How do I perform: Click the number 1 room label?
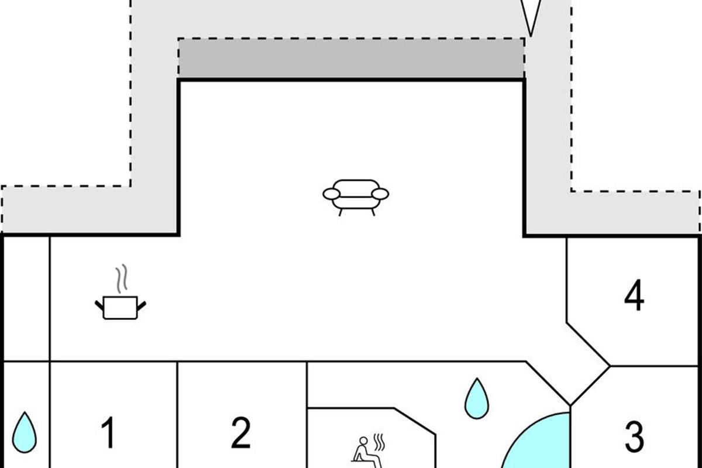click(108, 433)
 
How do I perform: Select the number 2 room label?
click(240, 433)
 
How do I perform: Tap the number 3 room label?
click(634, 436)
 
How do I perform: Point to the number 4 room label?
click(634, 296)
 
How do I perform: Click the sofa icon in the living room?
click(356, 197)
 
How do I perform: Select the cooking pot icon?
click(120, 307)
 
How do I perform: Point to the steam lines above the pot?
click(121, 280)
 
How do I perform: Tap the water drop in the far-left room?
click(25, 432)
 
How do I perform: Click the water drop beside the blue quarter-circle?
click(477, 398)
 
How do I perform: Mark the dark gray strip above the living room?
click(351, 58)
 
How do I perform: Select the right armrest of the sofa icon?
click(380, 194)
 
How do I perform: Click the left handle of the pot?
click(99, 305)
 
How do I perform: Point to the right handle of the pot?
click(142, 305)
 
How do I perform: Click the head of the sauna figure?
click(363, 441)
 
